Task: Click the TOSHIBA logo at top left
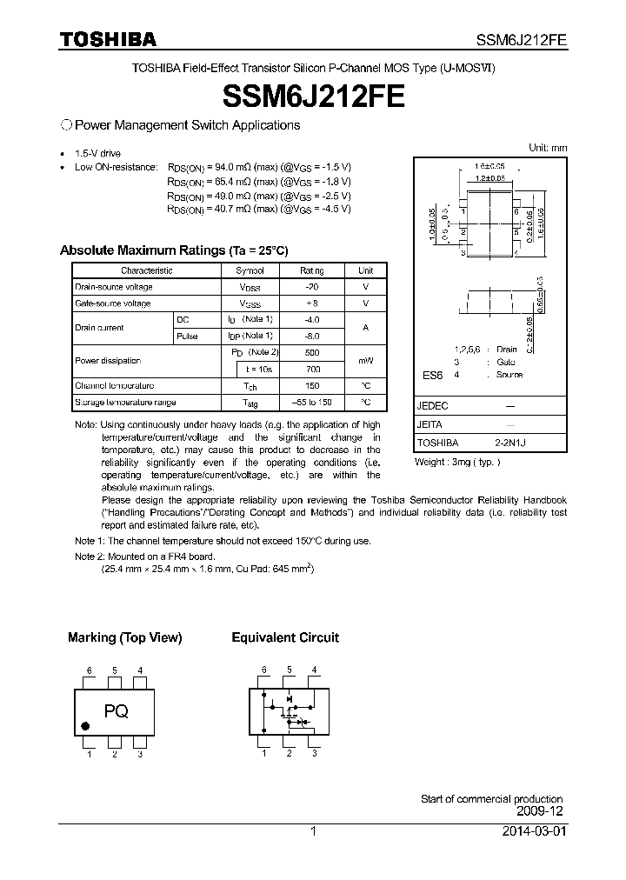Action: [108, 39]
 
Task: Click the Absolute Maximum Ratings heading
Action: [173, 250]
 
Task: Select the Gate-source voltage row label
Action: [113, 303]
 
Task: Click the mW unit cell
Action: [366, 361]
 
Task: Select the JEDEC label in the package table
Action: [433, 406]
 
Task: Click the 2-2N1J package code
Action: [510, 443]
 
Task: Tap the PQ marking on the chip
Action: [117, 711]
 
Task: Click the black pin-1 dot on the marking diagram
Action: [85, 726]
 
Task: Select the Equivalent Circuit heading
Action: [285, 637]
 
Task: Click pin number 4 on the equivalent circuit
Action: [314, 670]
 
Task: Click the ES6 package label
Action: [432, 375]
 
